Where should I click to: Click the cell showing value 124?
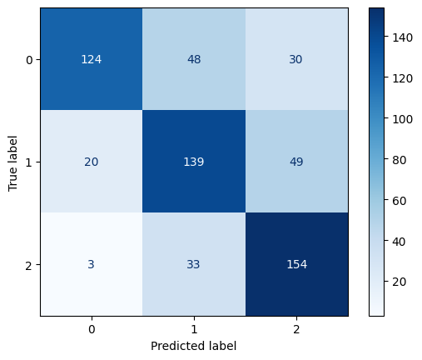tap(91, 60)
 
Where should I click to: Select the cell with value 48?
tap(193, 60)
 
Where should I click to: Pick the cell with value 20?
tap(91, 162)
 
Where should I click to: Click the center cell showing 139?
tap(193, 162)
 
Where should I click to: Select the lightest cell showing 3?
tap(91, 265)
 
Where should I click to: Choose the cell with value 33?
tap(193, 265)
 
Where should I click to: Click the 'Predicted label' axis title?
tap(193, 345)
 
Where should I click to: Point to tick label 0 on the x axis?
tap(91, 328)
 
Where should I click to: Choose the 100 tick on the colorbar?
tap(401, 119)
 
